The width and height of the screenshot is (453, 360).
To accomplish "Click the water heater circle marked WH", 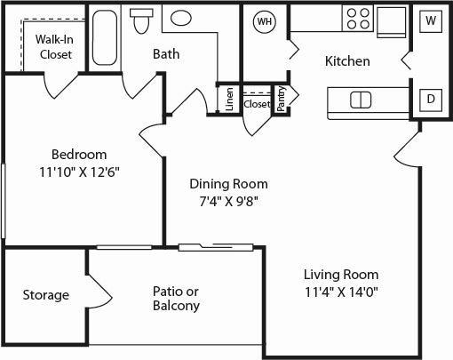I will pos(265,21).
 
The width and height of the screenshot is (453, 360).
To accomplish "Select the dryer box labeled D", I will pos(430,99).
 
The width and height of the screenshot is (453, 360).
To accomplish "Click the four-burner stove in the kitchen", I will pos(357,20).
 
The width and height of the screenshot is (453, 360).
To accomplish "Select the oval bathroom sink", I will pos(183,19).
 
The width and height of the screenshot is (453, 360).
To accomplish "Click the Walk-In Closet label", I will pos(54,46).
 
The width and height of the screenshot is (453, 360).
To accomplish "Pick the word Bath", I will pos(166,54).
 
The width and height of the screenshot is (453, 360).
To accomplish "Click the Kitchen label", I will pos(347,61).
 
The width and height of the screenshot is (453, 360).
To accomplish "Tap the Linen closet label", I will pos(229,100).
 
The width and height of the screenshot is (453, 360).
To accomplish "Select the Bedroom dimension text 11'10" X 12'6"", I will pos(79,172).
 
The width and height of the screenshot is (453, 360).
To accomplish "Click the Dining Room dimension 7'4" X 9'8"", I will pos(228,201).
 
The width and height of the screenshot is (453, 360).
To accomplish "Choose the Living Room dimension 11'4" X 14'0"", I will pos(341,292).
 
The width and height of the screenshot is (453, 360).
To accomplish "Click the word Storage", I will pos(45,295).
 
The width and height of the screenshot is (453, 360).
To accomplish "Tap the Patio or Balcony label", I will pos(175,298).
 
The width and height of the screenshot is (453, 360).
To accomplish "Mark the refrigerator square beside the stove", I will pos(390,20).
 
